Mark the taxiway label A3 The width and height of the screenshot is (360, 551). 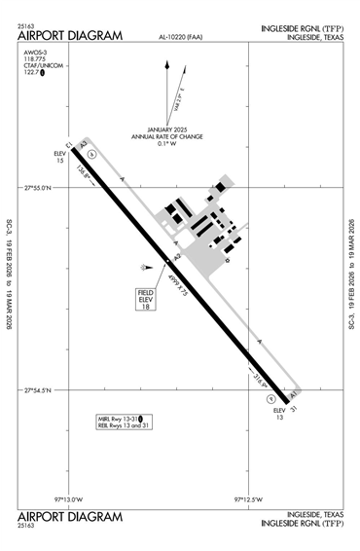coord(85,145)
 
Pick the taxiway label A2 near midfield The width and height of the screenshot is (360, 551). coord(176,257)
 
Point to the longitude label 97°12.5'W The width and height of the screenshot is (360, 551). coord(249,498)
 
